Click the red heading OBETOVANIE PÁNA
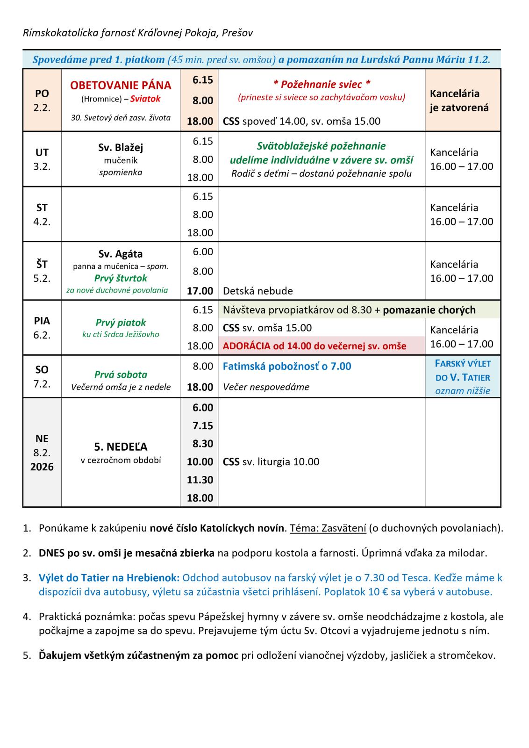[121, 86]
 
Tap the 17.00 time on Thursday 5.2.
[200, 291]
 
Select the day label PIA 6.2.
[42, 328]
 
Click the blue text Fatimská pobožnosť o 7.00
[287, 366]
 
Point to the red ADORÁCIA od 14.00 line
[315, 346]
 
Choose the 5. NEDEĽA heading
[121, 446]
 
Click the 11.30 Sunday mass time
[200, 480]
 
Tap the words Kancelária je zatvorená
[459, 101]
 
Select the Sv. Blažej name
[121, 147]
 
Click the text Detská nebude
[258, 291]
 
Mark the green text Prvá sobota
[121, 374]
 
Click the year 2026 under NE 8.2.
[42, 467]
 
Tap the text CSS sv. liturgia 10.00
[271, 462]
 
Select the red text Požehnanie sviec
[322, 84]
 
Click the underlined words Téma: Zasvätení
[328, 528]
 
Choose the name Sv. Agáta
[121, 254]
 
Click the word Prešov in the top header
[237, 33]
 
